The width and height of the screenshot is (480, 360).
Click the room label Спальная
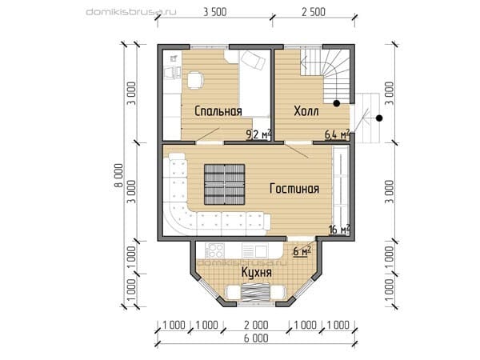(218, 111)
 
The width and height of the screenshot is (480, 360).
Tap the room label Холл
(306, 111)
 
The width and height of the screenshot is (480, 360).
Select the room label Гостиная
(294, 188)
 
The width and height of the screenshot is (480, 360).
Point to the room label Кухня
(257, 272)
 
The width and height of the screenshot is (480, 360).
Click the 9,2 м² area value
(258, 134)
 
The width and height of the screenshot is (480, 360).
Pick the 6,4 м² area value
(337, 134)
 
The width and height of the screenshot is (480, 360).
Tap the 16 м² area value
(339, 230)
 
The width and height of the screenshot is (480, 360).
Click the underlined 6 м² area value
(302, 251)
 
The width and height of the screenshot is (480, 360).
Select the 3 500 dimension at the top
(215, 12)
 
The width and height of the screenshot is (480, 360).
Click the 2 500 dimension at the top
(314, 12)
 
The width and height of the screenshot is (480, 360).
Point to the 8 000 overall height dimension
(118, 175)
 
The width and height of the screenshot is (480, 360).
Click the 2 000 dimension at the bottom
(256, 325)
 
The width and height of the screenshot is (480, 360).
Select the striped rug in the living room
(225, 184)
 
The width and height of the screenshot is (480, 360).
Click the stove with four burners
(215, 250)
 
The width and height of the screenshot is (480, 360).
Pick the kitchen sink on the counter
(255, 250)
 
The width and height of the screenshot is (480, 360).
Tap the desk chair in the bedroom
(195, 80)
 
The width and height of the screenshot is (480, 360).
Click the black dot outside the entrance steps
(379, 118)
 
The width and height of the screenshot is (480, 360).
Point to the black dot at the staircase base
(337, 103)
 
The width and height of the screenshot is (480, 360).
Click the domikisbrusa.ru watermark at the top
(131, 12)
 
